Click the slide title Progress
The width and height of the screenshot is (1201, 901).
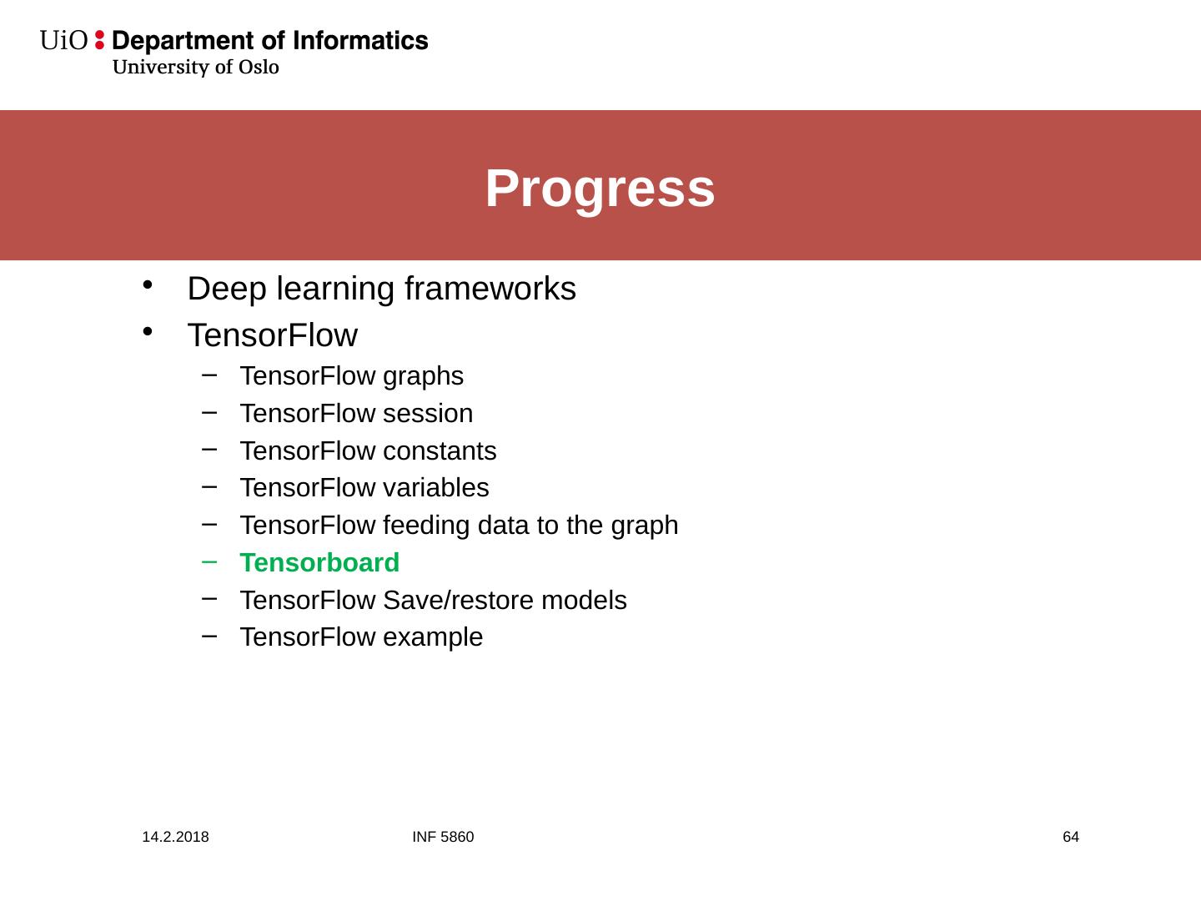(x=600, y=189)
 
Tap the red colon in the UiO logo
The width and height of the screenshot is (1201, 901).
(x=99, y=40)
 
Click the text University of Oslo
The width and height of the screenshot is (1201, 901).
(x=195, y=67)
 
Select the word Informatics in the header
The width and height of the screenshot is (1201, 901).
(x=360, y=41)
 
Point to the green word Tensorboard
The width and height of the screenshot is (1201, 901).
(x=319, y=562)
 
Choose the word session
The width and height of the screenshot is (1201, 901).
(x=428, y=414)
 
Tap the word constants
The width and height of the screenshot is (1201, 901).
(x=440, y=451)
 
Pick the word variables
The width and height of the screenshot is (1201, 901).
(x=435, y=487)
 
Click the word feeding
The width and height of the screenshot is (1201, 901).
(x=426, y=526)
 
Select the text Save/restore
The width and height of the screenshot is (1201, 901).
(x=457, y=600)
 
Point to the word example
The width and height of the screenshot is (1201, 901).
(x=433, y=638)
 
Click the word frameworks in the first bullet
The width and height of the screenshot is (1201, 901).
(x=490, y=289)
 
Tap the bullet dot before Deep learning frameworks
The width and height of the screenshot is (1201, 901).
(x=147, y=284)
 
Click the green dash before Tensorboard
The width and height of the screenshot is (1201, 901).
(x=209, y=561)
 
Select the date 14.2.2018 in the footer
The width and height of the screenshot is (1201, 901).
(x=175, y=837)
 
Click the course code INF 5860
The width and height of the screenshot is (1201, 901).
(x=443, y=837)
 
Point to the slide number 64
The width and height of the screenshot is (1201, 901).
(x=1071, y=837)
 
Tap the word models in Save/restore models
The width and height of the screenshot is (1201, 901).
(x=584, y=600)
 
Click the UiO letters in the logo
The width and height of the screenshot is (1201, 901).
(x=63, y=41)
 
